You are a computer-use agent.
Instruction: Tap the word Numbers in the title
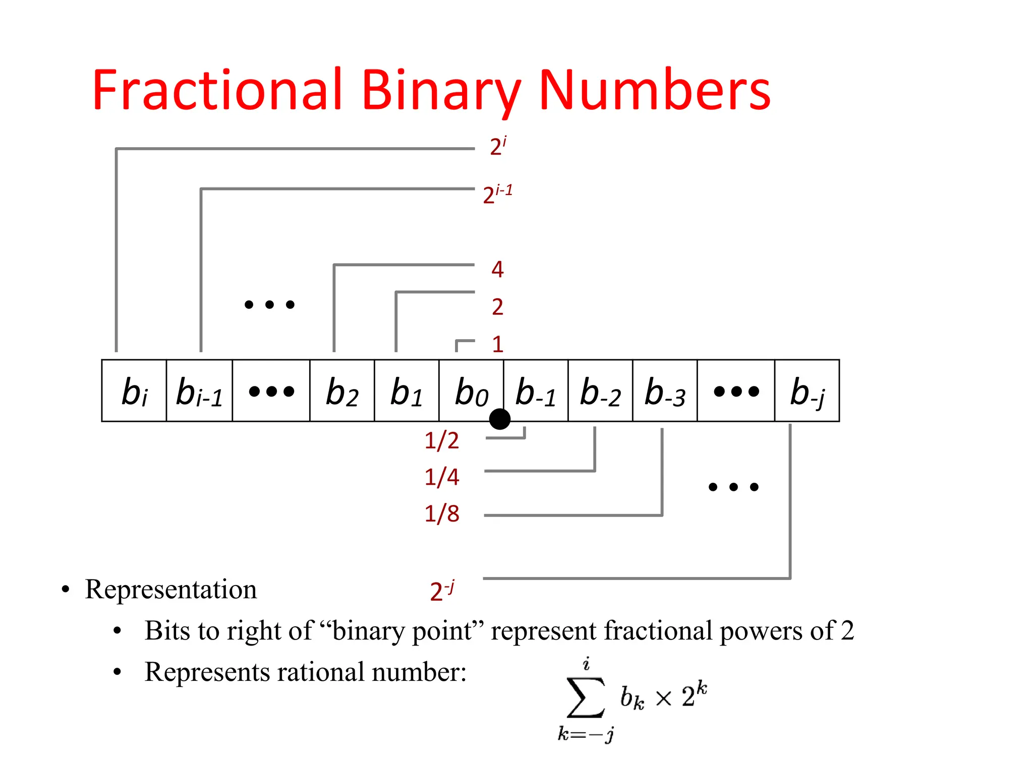tap(654, 91)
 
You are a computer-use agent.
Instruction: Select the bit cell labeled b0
tap(471, 391)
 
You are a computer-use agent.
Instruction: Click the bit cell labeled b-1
tap(536, 391)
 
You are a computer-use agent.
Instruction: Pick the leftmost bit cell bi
tap(134, 391)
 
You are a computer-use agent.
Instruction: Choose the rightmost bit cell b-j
tap(807, 391)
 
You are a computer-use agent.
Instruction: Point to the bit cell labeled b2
tap(342, 391)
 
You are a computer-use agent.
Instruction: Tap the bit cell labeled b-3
tap(665, 391)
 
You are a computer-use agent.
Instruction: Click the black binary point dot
tap(500, 419)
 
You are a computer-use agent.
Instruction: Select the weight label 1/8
tap(442, 514)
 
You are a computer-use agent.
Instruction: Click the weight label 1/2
tap(442, 441)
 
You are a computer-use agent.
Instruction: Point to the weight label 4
tap(497, 270)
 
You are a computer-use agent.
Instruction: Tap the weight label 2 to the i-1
tap(497, 194)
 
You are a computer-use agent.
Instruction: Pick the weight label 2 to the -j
tap(442, 591)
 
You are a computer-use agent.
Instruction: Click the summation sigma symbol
tap(586, 698)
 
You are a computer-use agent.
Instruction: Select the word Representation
tap(171, 589)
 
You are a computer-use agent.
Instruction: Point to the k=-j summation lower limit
tap(586, 734)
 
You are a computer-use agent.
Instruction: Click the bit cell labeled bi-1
tap(199, 391)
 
